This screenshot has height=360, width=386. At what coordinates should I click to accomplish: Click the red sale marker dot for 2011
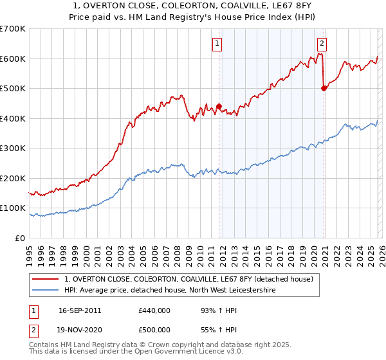[x=219, y=107]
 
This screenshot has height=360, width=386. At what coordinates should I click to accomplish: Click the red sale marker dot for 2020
[x=324, y=89]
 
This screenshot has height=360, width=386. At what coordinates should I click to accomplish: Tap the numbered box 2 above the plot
[x=322, y=44]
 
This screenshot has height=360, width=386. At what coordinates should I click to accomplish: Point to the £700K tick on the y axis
[x=13, y=29]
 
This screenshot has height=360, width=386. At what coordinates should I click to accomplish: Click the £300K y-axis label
[x=13, y=148]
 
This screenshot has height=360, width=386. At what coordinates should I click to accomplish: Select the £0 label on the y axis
[x=19, y=238]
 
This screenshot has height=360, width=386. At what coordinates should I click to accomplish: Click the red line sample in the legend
[x=46, y=279]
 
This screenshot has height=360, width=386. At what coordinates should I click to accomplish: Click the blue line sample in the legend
[x=46, y=291]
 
